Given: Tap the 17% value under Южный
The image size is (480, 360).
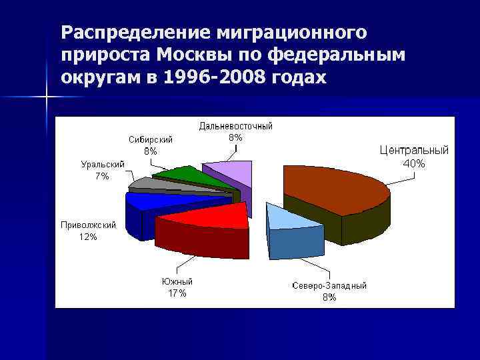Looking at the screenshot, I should (x=177, y=293).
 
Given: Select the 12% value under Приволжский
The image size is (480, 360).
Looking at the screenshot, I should (x=87, y=237).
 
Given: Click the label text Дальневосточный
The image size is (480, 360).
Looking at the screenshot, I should (x=235, y=126).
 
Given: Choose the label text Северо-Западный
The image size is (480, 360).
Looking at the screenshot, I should (x=329, y=286).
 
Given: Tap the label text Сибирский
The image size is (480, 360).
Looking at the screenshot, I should (x=151, y=139).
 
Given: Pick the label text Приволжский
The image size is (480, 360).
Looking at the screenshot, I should (x=87, y=225).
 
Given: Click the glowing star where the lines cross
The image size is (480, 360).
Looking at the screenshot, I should (x=47, y=98).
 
